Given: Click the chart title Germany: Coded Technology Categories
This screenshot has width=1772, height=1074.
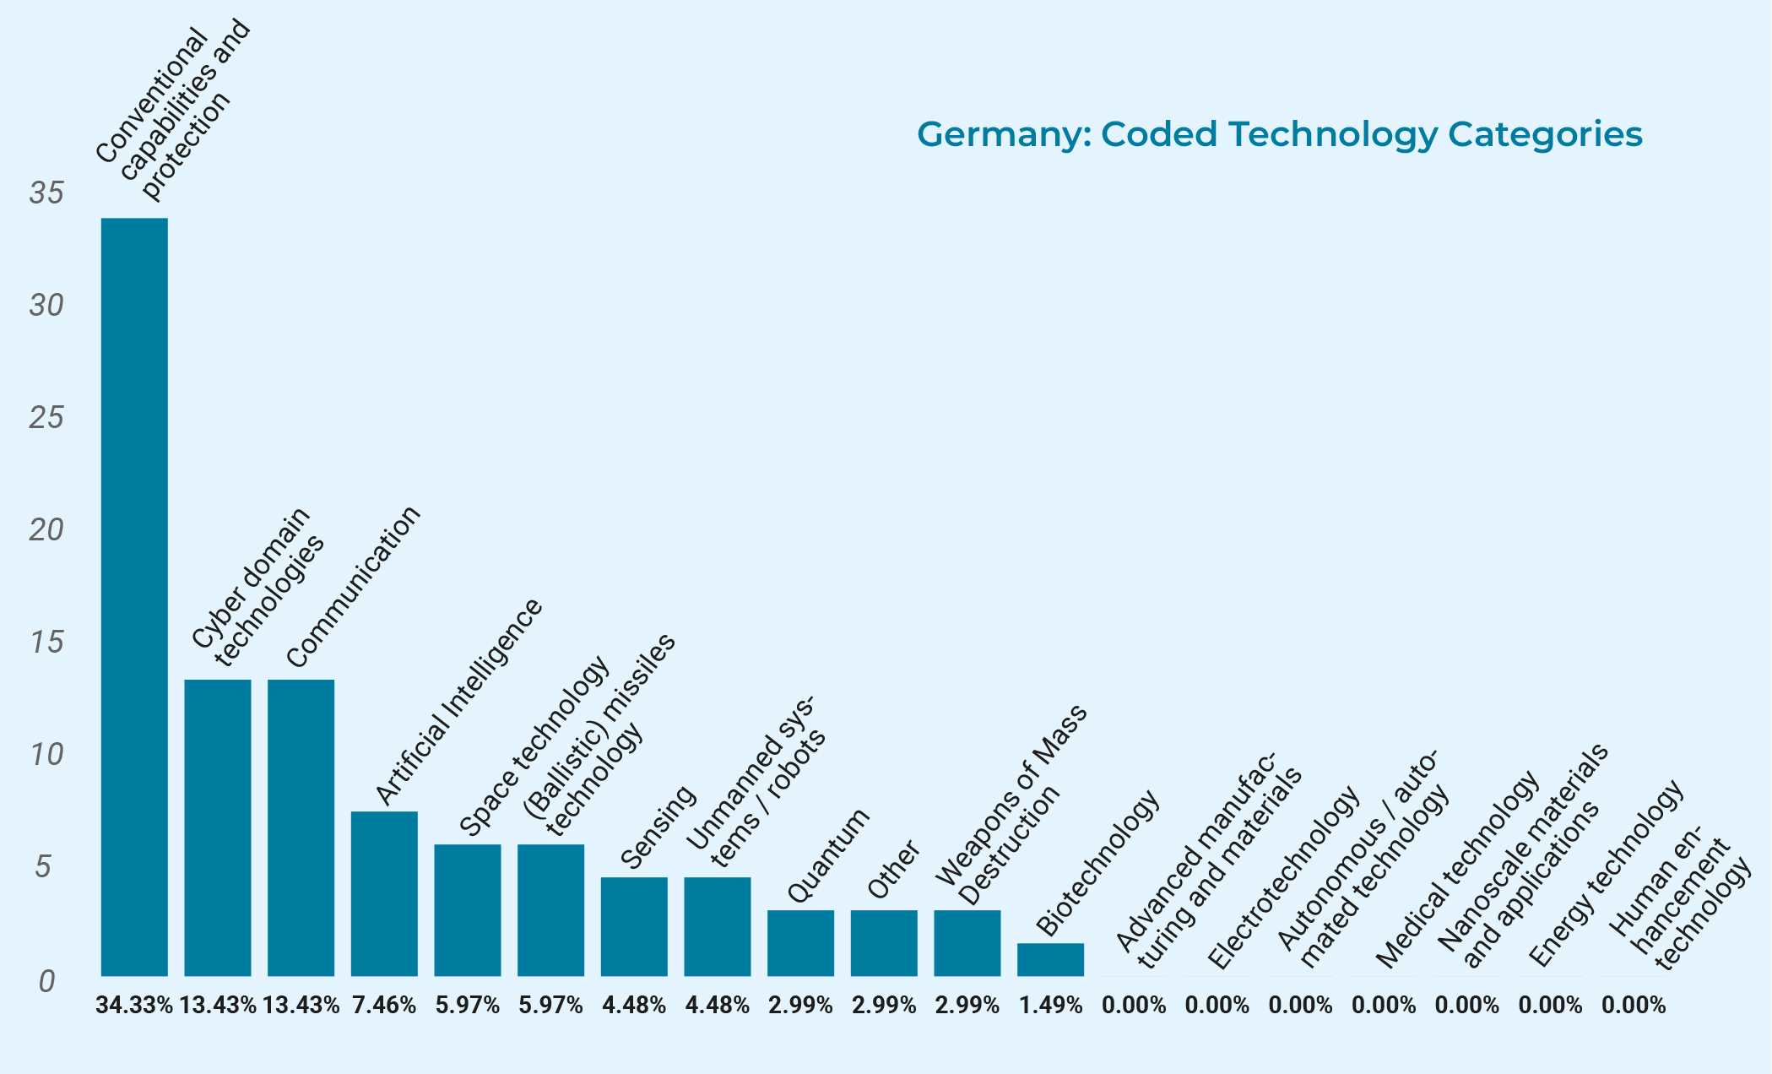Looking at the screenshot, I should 1279,135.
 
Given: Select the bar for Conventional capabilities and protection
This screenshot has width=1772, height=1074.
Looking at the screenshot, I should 134,597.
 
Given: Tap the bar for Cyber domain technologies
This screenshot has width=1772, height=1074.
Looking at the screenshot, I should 218,827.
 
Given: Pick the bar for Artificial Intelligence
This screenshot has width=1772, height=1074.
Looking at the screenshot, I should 384,893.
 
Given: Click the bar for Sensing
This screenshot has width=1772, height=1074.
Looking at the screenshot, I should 634,926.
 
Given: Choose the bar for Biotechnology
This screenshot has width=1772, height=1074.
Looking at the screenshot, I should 1050,959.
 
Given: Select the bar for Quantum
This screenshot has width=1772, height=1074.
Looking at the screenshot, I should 800,943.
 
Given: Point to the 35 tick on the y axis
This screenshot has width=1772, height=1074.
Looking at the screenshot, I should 46,193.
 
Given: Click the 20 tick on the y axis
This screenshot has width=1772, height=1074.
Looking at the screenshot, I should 46,530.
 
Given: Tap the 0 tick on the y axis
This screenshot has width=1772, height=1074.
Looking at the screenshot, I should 46,981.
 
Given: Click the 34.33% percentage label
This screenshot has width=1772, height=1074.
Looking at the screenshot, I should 134,1006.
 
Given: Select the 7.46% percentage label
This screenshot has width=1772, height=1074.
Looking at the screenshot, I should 384,1006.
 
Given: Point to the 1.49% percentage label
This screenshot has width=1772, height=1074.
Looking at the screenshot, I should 1050,1006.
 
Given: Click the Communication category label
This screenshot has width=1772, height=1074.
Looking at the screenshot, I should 353,587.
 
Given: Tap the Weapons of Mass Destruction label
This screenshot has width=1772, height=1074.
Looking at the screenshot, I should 1011,806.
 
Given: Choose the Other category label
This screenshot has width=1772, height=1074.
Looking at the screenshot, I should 894,870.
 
